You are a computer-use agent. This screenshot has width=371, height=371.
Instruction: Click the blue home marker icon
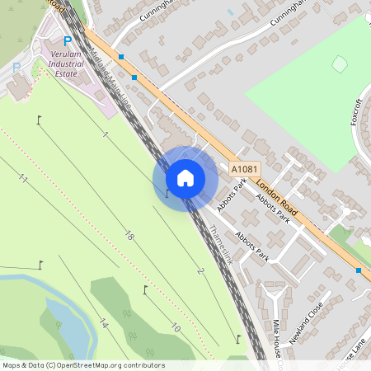pos(185,177)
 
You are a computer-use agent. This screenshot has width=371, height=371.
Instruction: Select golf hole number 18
pos(129,236)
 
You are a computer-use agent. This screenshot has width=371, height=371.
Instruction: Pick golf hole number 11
pos(22,180)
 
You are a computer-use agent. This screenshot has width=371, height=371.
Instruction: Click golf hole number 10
pos(175,328)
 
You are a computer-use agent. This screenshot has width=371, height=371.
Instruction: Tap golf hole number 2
pos(200,270)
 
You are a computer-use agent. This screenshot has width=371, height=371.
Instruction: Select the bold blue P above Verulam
pos(68,41)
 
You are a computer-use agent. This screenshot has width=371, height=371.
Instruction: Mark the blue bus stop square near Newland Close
pos(359,270)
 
